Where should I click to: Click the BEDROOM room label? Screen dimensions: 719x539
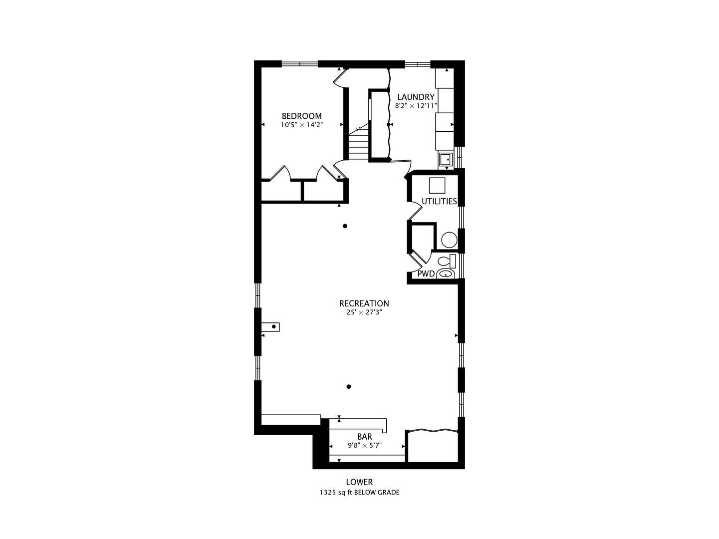click(301, 116)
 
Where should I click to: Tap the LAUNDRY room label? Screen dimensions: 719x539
click(416, 97)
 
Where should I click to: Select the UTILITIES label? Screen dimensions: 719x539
click(439, 201)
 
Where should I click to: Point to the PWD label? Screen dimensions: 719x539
click(426, 273)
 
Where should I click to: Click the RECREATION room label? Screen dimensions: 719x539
click(364, 303)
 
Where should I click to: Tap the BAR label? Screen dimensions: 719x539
click(365, 437)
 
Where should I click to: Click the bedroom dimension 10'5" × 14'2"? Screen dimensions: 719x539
click(302, 125)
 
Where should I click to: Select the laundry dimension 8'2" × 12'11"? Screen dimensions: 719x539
click(416, 106)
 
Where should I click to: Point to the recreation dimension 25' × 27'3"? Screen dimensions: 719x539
click(364, 312)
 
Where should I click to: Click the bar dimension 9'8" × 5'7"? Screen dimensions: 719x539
click(365, 446)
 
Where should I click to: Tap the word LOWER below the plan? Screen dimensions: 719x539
click(359, 482)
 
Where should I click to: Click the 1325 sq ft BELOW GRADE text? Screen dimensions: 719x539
click(359, 493)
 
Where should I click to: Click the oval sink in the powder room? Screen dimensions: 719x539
click(446, 273)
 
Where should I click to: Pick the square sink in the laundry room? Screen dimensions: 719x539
click(446, 160)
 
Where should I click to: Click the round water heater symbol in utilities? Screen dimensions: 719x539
click(449, 240)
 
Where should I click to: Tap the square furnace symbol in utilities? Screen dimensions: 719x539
click(437, 186)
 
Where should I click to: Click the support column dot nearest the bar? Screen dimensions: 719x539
click(349, 387)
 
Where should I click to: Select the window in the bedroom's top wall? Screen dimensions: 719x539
click(300, 64)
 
